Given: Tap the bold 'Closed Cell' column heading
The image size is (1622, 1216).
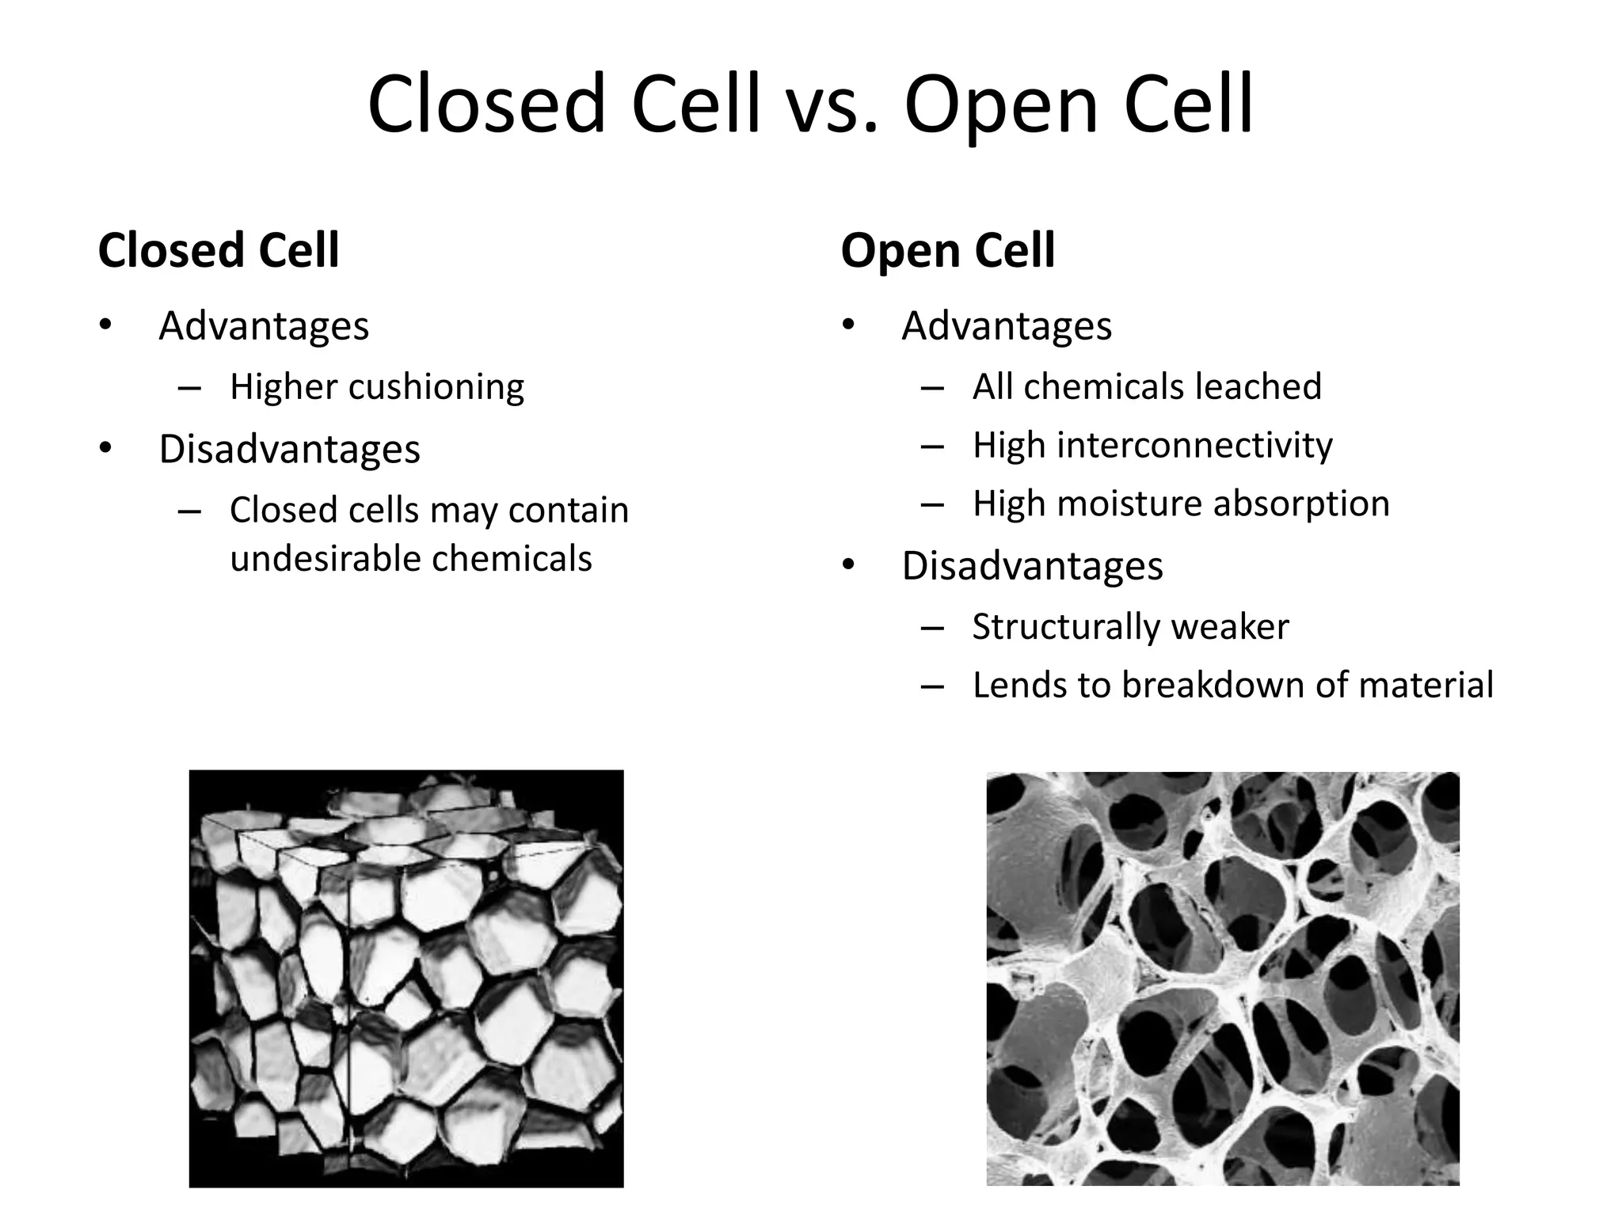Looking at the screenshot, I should [219, 251].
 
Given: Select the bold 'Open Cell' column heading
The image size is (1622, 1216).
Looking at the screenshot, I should [947, 251].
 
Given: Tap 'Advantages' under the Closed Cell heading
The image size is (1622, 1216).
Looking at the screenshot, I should [264, 326].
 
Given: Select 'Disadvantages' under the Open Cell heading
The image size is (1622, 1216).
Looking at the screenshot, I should [1032, 566].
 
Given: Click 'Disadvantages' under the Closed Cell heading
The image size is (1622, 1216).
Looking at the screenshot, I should [289, 450].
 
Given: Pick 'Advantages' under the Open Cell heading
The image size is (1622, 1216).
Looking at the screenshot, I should [1007, 326].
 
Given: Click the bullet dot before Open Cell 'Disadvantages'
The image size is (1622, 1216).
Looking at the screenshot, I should [849, 566].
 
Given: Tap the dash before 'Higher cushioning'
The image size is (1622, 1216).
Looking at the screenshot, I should [189, 388].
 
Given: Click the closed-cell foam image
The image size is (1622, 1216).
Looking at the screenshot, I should [406, 978].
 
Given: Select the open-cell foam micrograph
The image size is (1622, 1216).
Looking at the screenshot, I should [1222, 978].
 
